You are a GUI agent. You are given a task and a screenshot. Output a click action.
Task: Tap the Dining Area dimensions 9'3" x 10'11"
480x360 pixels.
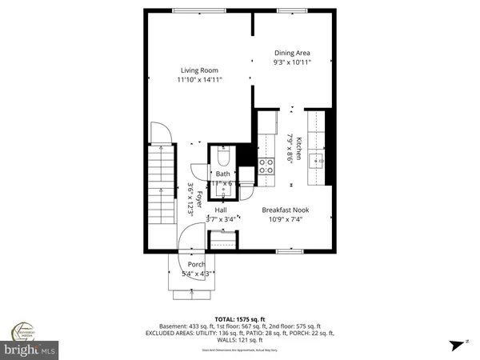pyautogui.click(x=291, y=62)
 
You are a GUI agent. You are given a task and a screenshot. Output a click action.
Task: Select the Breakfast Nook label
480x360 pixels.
pyautogui.click(x=286, y=210)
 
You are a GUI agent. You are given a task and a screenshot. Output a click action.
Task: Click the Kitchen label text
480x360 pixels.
pyautogui.click(x=299, y=150)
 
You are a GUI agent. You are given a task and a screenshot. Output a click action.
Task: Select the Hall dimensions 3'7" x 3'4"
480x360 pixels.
pyautogui.click(x=222, y=219)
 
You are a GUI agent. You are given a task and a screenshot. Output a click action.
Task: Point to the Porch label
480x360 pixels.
pyautogui.click(x=196, y=265)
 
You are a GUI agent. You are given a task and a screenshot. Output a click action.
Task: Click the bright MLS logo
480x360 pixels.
pyautogui.click(x=31, y=350)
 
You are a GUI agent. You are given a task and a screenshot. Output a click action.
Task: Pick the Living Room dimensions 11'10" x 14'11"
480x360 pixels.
pyautogui.click(x=199, y=79)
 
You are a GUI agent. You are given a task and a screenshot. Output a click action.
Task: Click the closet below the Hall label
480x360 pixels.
pyautogui.click(x=222, y=239)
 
